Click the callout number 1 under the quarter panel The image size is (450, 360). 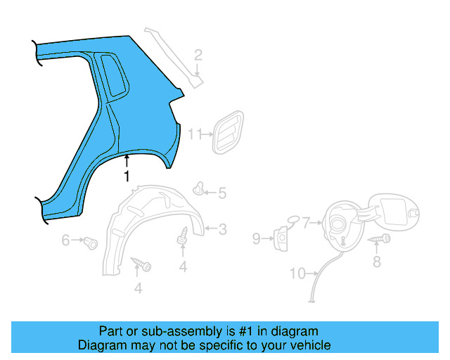(127, 176)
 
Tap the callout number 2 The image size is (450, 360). (198, 55)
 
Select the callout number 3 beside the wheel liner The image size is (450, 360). (222, 229)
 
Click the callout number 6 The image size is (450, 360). (65, 240)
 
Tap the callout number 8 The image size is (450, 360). (376, 262)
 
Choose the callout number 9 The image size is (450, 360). (257, 239)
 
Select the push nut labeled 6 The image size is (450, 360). (90, 243)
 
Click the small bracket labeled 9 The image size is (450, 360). (281, 238)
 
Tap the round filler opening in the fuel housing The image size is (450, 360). (339, 223)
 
